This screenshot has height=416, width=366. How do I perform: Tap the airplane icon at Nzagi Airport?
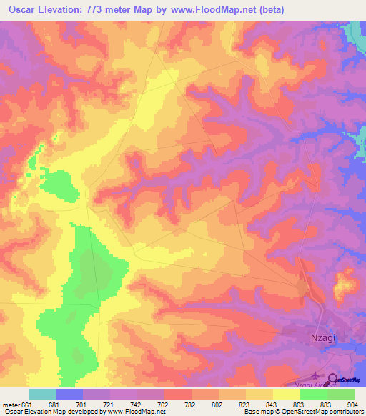(x=317, y=374)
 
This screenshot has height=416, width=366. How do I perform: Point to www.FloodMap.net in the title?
(x=219, y=10)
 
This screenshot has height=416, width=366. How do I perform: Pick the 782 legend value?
(x=190, y=404)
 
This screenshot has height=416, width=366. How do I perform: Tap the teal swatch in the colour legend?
(x=42, y=394)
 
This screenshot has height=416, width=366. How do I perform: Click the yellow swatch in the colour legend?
(x=287, y=394)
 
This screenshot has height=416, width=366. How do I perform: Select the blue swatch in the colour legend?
(x=69, y=394)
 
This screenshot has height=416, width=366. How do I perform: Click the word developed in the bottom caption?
(x=84, y=412)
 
